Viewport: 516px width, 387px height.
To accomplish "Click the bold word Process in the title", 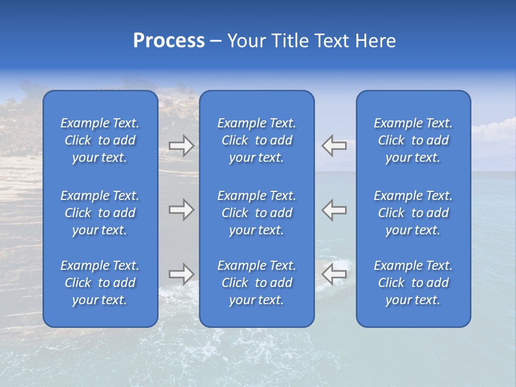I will [x=169, y=41].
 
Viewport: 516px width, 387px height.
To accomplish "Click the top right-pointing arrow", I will [x=181, y=146].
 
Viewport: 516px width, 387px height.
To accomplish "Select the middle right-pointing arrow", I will [x=181, y=210].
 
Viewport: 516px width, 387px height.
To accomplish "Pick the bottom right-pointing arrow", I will [x=181, y=274].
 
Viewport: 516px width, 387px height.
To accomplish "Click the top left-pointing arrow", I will [x=334, y=146].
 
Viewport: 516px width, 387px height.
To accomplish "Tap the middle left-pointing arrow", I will [x=334, y=210].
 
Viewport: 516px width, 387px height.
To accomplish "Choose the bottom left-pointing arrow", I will [x=334, y=274].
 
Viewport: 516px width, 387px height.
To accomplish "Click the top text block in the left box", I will [x=100, y=140].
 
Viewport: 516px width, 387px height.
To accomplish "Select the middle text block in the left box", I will [x=100, y=213].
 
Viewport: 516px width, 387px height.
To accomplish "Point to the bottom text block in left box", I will [x=100, y=283].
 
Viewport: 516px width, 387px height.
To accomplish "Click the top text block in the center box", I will [x=256, y=140].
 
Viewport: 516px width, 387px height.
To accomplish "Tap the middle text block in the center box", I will [x=256, y=213].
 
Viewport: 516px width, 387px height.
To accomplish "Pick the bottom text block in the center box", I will [x=256, y=283].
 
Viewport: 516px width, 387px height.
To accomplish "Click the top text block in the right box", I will [x=413, y=140].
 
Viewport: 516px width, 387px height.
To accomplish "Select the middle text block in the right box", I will [x=413, y=213].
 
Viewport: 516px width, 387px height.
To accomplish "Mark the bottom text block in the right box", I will [x=413, y=283].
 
